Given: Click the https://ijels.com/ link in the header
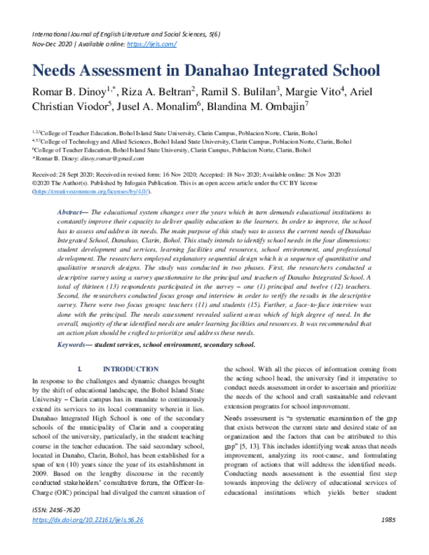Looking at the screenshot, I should click(152, 44).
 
